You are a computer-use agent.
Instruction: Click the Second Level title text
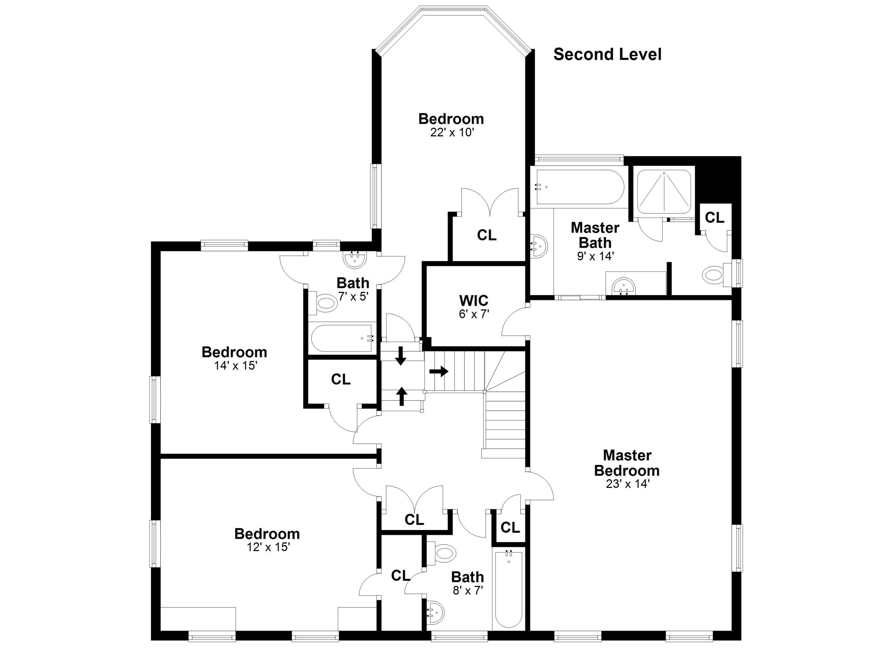(607, 55)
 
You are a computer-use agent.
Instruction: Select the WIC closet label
(474, 301)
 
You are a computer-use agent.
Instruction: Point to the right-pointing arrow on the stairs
(439, 371)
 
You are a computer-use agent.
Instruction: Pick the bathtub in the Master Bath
(577, 187)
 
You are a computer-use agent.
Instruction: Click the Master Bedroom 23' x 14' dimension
(627, 484)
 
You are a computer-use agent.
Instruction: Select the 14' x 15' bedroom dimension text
(235, 365)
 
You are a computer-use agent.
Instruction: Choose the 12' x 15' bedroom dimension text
(268, 547)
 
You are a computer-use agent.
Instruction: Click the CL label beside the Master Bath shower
(714, 217)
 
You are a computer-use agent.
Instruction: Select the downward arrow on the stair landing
(401, 356)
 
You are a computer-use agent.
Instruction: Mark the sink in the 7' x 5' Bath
(354, 259)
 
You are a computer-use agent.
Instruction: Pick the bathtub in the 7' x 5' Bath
(342, 338)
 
